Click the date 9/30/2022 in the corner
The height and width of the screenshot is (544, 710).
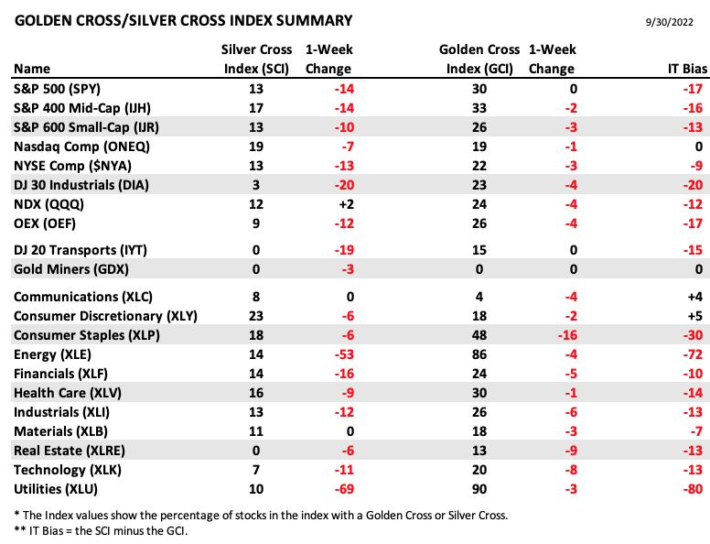(x=669, y=22)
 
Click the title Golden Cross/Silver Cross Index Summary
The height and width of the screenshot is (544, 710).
(x=183, y=21)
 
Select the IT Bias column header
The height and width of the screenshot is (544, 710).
(x=687, y=69)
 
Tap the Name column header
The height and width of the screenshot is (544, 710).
(x=32, y=69)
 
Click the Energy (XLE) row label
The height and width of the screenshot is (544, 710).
(x=52, y=354)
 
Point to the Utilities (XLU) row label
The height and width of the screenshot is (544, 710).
(x=56, y=489)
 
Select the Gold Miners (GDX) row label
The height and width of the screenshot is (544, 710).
(x=71, y=269)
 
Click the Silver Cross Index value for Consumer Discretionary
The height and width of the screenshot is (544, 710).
(x=256, y=316)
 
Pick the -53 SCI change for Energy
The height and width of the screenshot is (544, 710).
(x=344, y=354)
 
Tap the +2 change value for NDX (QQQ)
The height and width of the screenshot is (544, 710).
(x=347, y=204)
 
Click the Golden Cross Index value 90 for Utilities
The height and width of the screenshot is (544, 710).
(x=479, y=489)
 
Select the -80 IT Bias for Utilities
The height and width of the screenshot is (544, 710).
(x=693, y=489)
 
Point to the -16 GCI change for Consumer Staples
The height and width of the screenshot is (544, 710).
(x=568, y=335)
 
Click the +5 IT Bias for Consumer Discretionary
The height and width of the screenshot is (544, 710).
(x=695, y=316)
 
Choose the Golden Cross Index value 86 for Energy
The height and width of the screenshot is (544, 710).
(x=479, y=354)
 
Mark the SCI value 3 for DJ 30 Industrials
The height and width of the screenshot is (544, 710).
(x=256, y=185)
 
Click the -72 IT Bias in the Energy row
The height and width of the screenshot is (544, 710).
(x=693, y=354)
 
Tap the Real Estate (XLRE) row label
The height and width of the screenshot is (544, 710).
(x=70, y=451)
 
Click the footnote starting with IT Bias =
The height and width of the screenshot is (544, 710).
(x=101, y=530)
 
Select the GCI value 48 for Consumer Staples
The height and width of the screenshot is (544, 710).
(x=479, y=335)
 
